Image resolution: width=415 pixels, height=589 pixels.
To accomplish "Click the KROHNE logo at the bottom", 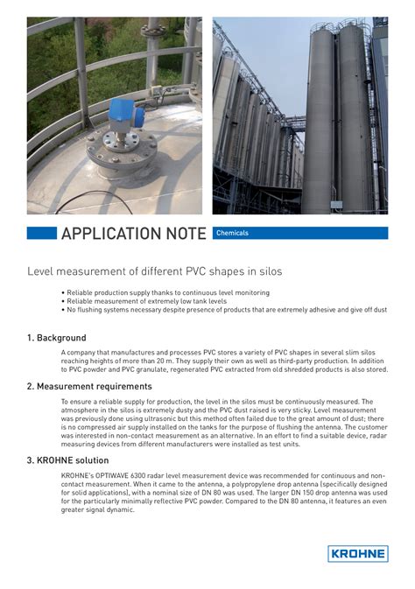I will point(357,553).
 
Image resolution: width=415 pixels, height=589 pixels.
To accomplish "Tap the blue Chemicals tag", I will point(232,233).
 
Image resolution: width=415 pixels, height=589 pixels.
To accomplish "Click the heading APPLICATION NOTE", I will point(134,234).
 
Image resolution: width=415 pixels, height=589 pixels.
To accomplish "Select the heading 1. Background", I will point(57,337).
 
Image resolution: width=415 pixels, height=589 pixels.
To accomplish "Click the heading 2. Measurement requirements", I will point(89,386).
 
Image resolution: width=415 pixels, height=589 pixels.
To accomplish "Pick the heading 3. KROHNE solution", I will point(68,459).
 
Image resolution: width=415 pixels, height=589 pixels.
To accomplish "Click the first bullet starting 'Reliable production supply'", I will point(166,292).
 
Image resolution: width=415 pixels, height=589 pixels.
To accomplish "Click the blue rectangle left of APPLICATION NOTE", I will point(41,234).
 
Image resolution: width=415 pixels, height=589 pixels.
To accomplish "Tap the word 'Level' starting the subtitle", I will point(41,271).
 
